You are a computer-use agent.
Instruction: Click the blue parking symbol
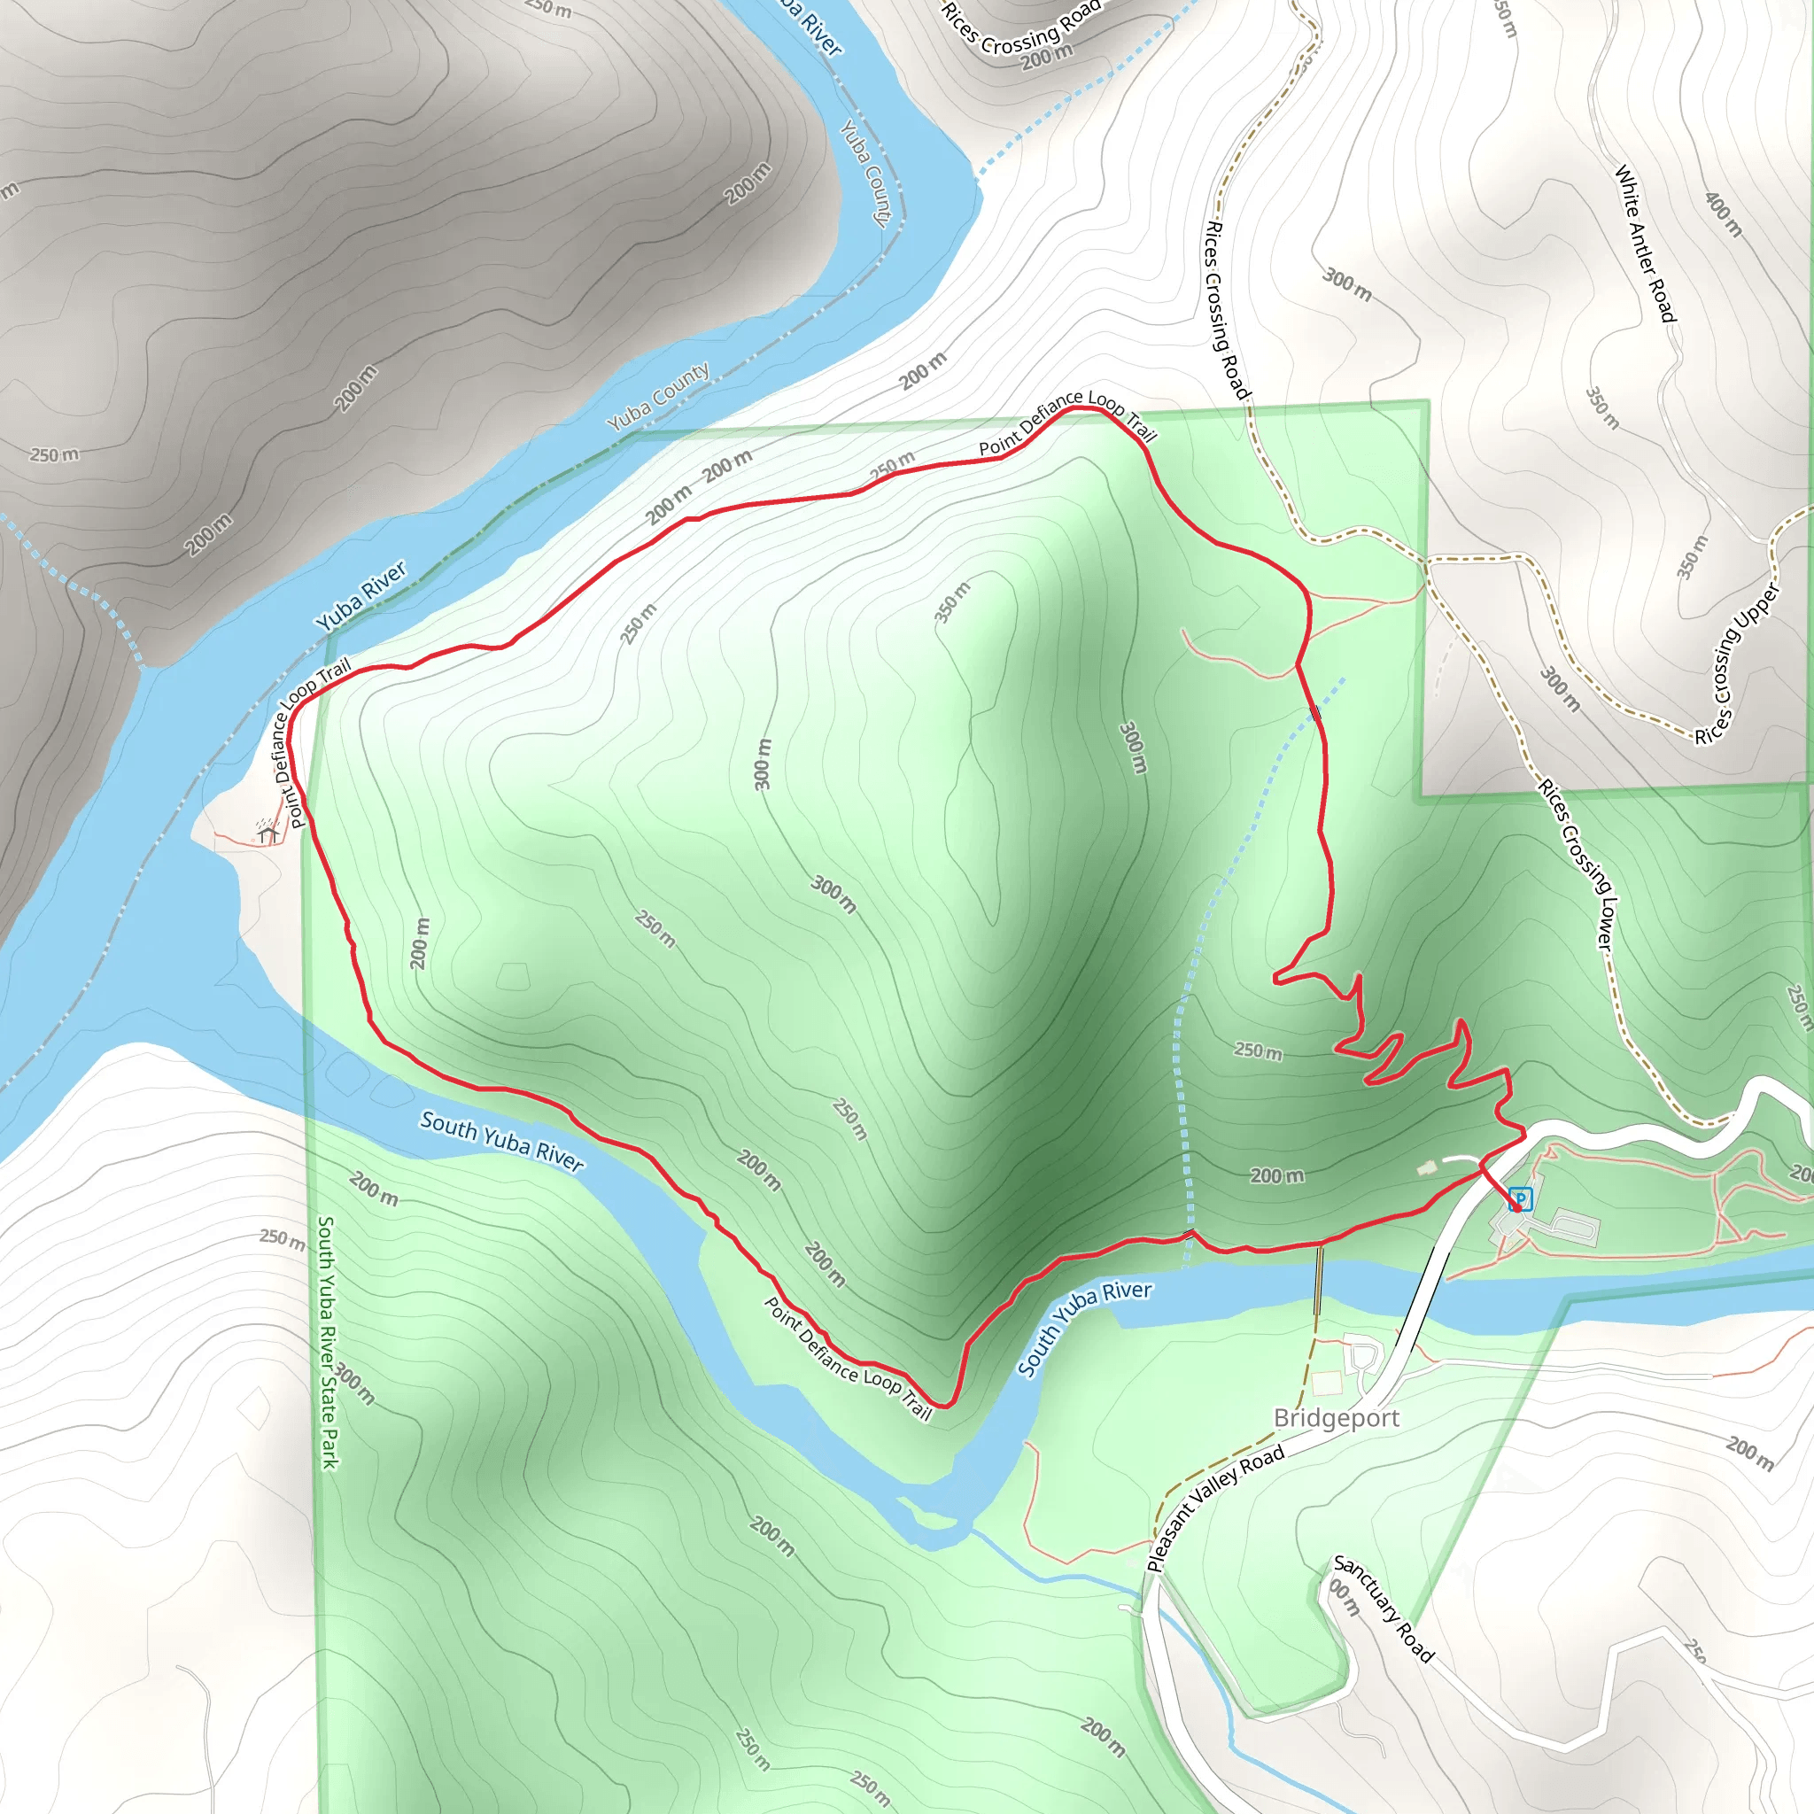click(x=1521, y=1198)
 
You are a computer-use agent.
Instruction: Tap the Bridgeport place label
click(x=1335, y=1418)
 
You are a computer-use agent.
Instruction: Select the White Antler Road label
click(x=1645, y=244)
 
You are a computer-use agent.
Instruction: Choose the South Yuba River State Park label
click(x=327, y=1343)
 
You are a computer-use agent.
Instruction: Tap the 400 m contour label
click(x=1723, y=214)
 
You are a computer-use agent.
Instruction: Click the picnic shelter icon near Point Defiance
click(x=268, y=831)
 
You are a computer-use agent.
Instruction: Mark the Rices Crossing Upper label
click(x=1737, y=663)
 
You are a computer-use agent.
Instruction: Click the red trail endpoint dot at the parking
click(x=1516, y=1207)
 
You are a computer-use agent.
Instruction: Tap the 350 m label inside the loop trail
click(x=952, y=601)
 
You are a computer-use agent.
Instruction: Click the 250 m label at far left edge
click(x=54, y=454)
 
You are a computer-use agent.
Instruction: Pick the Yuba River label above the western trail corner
click(x=361, y=595)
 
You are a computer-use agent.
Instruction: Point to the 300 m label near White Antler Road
click(x=1347, y=283)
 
